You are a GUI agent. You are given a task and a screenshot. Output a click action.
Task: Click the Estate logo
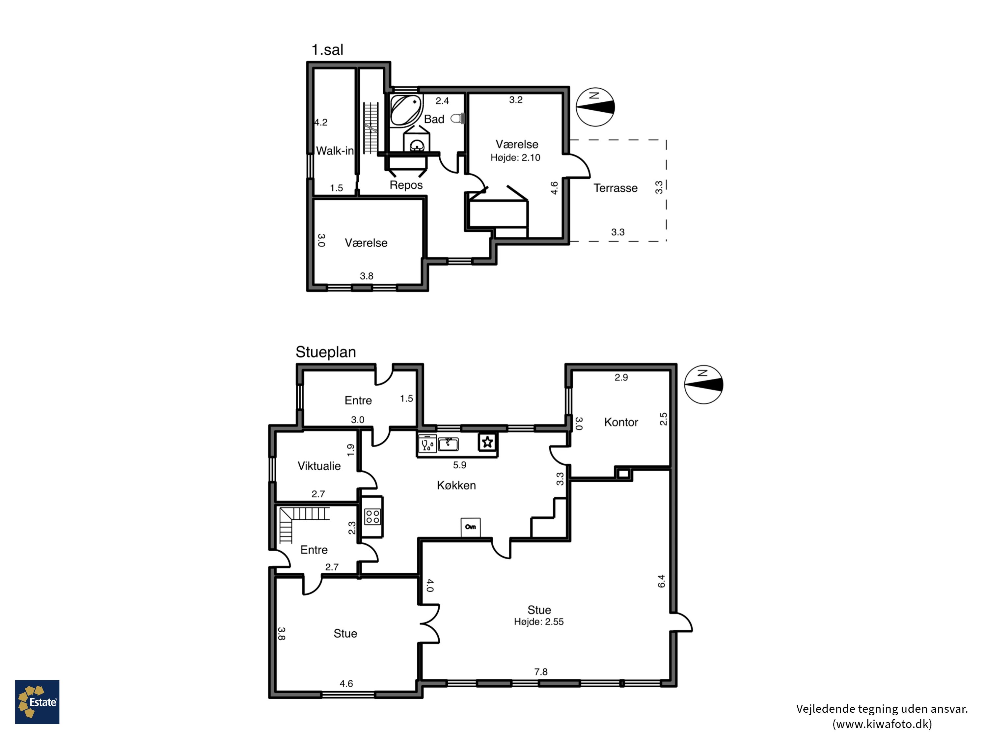coord(37,702)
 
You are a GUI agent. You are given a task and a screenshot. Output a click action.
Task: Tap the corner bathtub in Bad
coord(405,110)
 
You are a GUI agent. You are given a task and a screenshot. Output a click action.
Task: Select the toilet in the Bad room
coord(458,118)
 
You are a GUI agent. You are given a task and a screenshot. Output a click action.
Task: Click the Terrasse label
coord(615,188)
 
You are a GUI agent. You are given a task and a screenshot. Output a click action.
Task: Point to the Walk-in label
coord(335,151)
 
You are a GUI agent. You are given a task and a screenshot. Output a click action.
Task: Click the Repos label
coord(406,185)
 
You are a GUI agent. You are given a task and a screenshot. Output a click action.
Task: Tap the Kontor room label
coord(621,422)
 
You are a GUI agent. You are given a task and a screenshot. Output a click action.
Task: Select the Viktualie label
coord(319,466)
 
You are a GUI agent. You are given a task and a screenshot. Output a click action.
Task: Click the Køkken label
coord(456,485)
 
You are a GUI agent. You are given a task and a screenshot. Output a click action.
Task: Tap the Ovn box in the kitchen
coord(470,527)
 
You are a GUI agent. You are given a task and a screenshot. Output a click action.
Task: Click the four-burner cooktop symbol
coord(372,517)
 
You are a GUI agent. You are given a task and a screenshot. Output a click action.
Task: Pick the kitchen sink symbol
coord(448,444)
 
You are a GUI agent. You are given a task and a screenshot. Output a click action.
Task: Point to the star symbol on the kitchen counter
coord(487,442)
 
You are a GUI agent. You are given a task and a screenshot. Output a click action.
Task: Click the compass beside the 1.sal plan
coord(595,107)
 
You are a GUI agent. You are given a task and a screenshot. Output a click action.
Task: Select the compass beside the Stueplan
coord(703,385)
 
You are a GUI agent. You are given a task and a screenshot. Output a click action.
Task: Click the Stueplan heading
coord(326,352)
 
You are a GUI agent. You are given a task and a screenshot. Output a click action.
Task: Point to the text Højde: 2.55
coord(539,622)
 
